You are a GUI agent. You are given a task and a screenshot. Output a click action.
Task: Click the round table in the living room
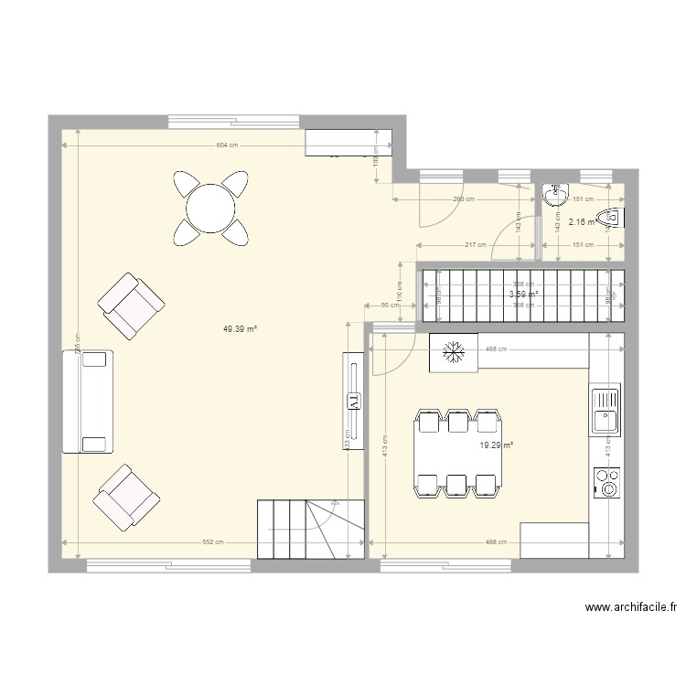click(211, 209)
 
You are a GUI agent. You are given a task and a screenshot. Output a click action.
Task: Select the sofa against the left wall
click(87, 402)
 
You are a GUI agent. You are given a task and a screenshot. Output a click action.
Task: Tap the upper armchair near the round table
click(131, 305)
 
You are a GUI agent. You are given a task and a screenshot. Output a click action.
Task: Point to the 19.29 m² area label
click(497, 445)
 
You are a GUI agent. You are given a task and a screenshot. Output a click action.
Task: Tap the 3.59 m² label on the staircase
click(523, 295)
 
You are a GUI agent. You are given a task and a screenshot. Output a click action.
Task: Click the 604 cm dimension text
click(227, 145)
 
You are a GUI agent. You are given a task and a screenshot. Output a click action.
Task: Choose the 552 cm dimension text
click(213, 542)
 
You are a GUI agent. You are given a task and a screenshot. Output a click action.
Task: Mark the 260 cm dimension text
click(463, 198)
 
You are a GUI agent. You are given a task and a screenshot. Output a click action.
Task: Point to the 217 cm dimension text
click(476, 245)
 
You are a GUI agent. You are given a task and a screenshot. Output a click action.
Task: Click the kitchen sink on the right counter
click(606, 409)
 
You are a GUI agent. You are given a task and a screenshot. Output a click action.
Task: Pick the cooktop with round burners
click(606, 482)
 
